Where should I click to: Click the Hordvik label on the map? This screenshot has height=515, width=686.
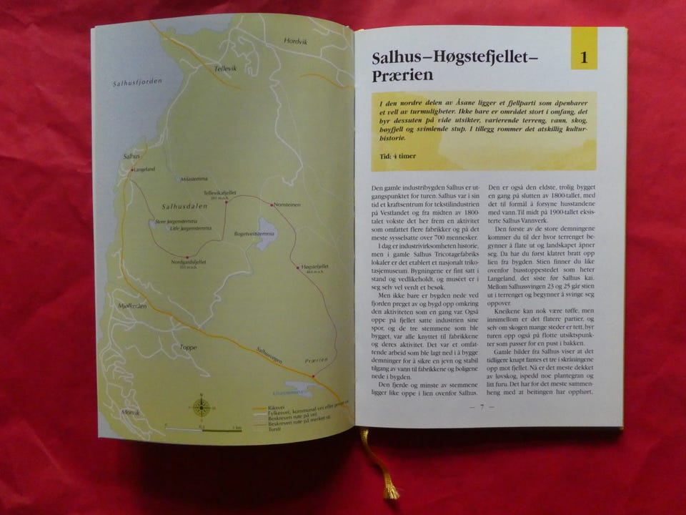click(x=294, y=41)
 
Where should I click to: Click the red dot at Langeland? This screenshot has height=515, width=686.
click(x=132, y=170)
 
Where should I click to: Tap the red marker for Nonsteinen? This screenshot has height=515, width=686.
click(x=272, y=205)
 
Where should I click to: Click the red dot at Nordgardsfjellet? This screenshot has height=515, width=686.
click(x=187, y=257)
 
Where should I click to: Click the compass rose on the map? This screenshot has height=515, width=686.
click(x=202, y=406)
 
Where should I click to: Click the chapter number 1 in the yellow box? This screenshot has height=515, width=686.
click(x=583, y=58)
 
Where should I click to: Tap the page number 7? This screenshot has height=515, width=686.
click(x=482, y=407)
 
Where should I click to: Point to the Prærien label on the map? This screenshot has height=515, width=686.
click(x=315, y=360)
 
